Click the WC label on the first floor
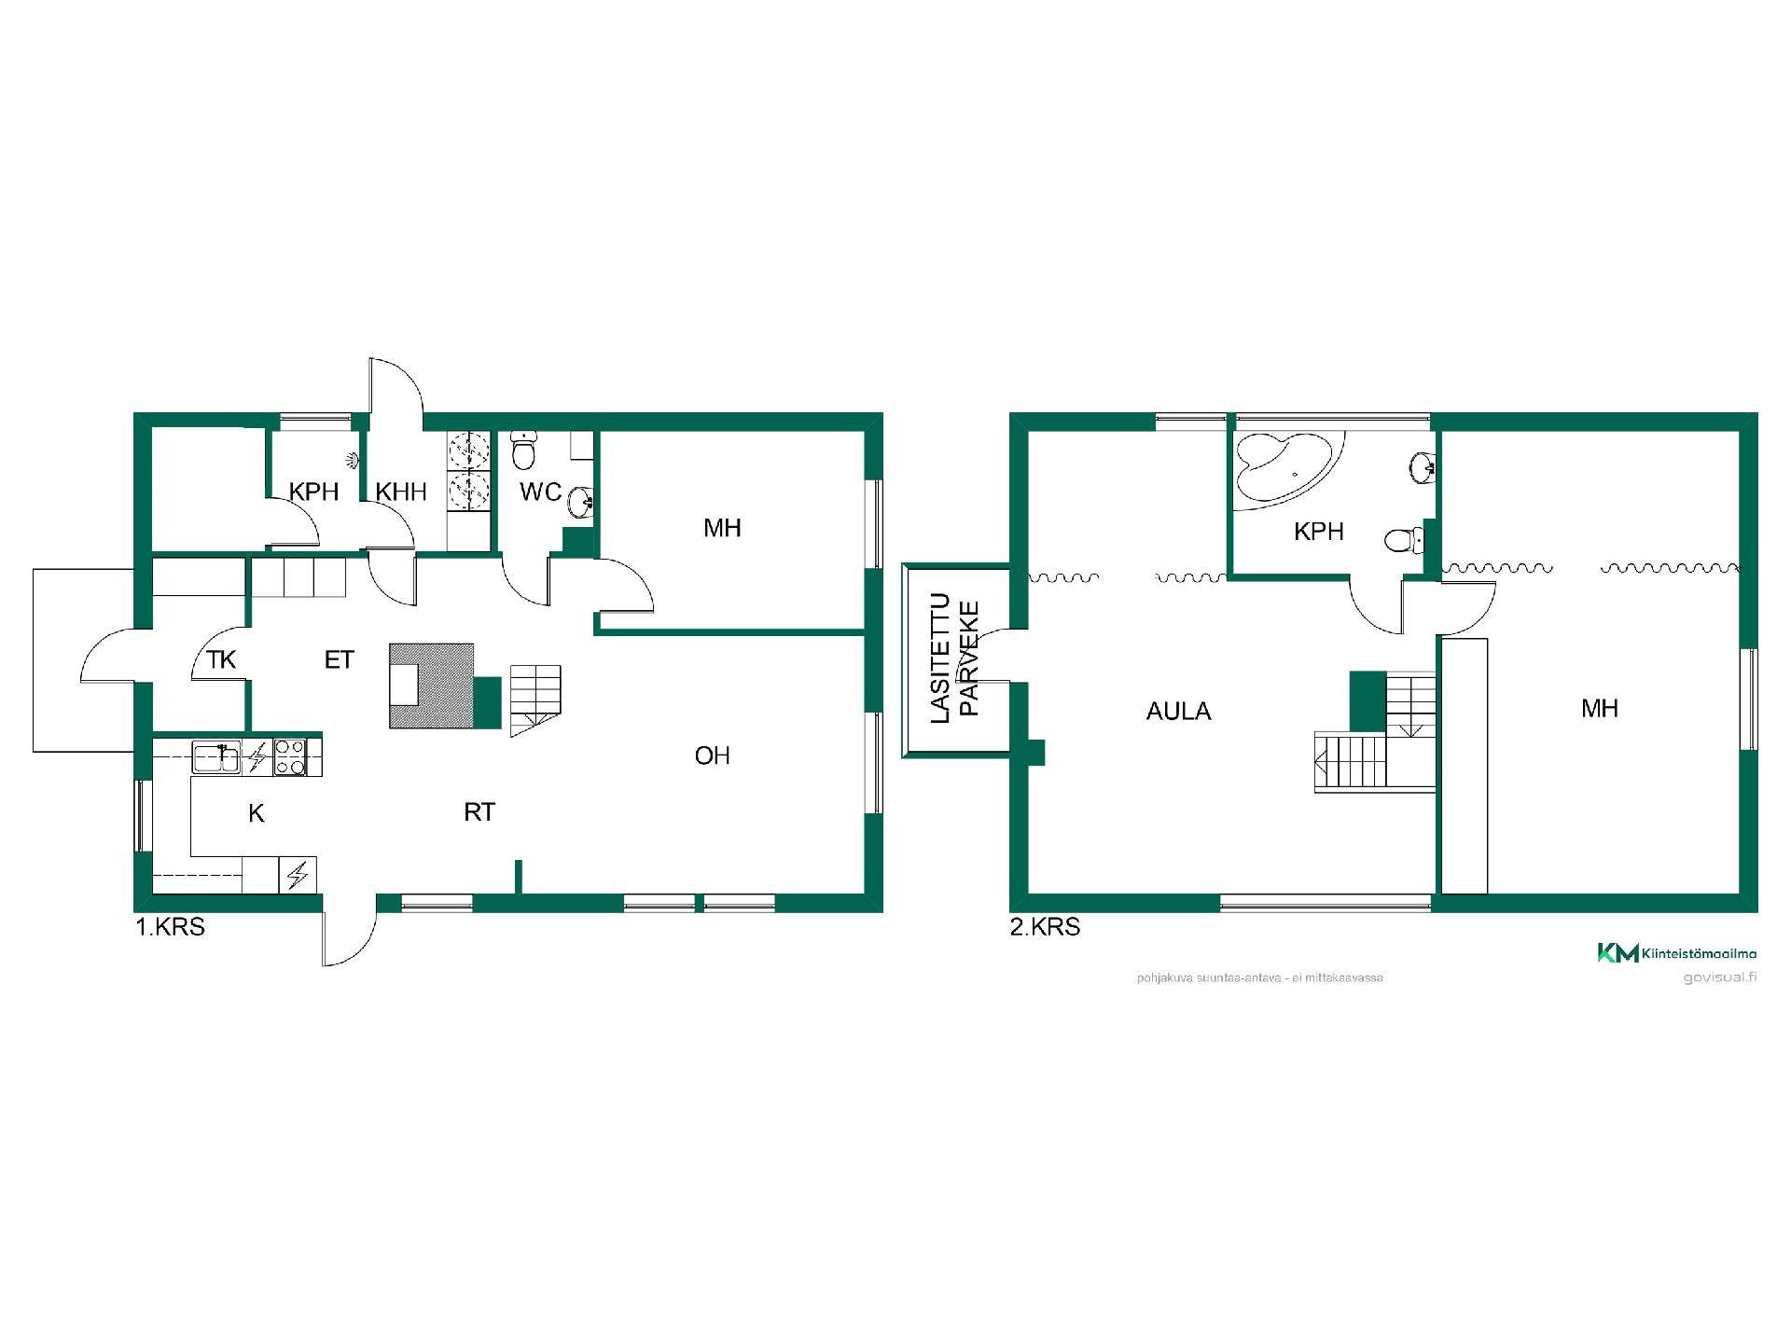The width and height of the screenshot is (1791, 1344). tap(541, 492)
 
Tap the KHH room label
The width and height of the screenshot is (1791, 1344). tap(401, 492)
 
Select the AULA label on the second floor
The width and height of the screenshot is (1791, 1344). tap(1179, 712)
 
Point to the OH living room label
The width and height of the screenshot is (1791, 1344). tap(713, 755)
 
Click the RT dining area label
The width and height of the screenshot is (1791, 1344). tap(479, 812)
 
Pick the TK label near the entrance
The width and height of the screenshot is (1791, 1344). tap(221, 660)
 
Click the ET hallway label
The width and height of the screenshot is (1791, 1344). tap(339, 660)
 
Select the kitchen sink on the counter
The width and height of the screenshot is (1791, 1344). tap(216, 756)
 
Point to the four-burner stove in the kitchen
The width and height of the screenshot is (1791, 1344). tap(290, 756)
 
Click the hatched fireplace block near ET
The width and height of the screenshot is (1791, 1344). tap(432, 686)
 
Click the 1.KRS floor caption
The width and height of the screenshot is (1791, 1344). tap(170, 927)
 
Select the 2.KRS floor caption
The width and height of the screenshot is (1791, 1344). tap(1045, 927)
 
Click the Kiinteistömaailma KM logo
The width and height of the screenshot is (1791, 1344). tap(1676, 953)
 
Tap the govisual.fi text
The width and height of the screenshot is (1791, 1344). tap(1720, 977)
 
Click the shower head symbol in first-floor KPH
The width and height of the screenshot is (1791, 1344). tap(351, 459)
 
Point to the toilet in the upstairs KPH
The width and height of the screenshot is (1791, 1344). tap(1404, 539)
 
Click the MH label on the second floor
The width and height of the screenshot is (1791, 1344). tap(1600, 709)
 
